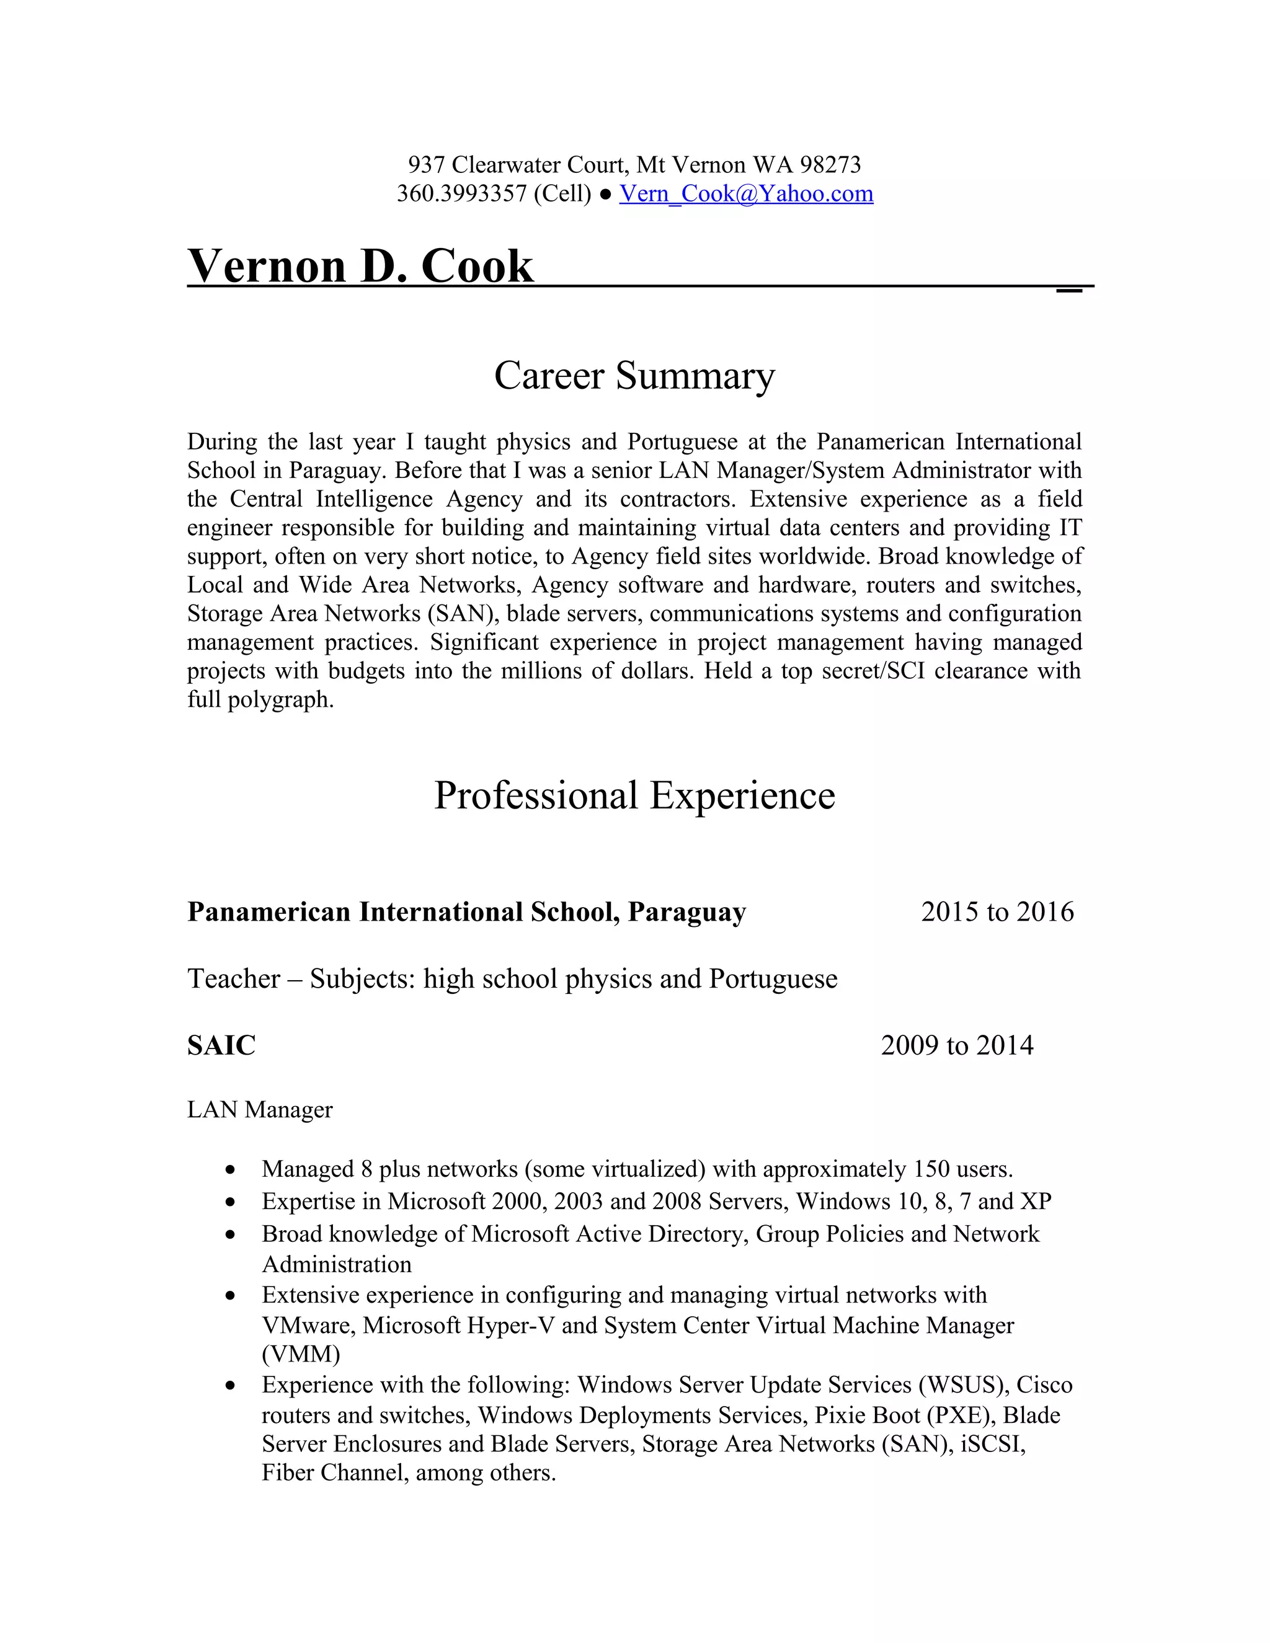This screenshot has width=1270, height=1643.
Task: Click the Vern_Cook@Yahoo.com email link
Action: (745, 193)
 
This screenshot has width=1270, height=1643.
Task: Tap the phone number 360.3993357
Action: (461, 193)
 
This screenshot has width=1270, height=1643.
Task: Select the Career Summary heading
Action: (634, 375)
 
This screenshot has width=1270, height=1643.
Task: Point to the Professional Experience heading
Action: (634, 795)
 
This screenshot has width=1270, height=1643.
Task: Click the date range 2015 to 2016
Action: (997, 912)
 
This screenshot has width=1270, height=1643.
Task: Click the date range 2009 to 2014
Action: (956, 1045)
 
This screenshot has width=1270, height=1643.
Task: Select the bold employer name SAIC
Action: (221, 1045)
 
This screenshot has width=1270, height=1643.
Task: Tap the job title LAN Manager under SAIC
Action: (260, 1110)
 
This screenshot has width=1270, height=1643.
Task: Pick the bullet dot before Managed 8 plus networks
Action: (231, 1171)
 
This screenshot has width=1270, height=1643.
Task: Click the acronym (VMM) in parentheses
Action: (301, 1354)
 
